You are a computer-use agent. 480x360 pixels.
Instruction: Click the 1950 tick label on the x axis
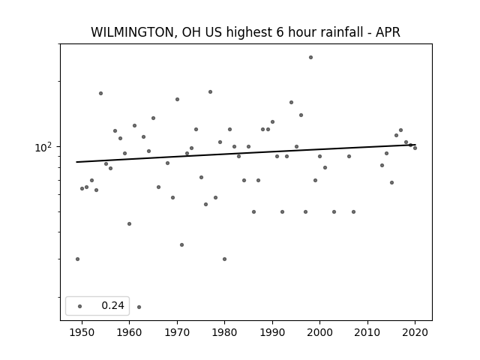(82, 332)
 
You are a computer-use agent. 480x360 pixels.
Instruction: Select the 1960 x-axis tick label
(129, 332)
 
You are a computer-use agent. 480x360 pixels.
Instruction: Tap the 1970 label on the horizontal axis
(177, 332)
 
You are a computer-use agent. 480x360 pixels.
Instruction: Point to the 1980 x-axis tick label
(224, 332)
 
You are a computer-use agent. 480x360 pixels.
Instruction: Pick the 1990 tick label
(272, 332)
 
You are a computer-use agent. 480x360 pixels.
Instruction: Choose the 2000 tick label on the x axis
(319, 332)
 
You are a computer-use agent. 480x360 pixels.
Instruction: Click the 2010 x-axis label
(367, 332)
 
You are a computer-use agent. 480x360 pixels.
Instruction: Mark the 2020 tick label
(415, 332)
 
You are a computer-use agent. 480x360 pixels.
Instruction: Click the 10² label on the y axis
(43, 147)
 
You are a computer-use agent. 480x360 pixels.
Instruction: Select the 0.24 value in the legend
(112, 305)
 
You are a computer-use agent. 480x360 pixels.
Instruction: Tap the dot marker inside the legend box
(80, 306)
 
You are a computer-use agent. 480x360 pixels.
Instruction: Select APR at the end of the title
(388, 32)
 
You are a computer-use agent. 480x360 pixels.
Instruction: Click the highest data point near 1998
(310, 57)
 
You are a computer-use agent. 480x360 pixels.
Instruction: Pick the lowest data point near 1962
(139, 307)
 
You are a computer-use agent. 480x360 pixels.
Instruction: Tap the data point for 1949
(77, 259)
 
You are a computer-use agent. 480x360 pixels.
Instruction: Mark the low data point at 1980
(224, 259)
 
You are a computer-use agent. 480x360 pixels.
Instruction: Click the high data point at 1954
(100, 93)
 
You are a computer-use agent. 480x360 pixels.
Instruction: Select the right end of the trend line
(415, 145)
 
